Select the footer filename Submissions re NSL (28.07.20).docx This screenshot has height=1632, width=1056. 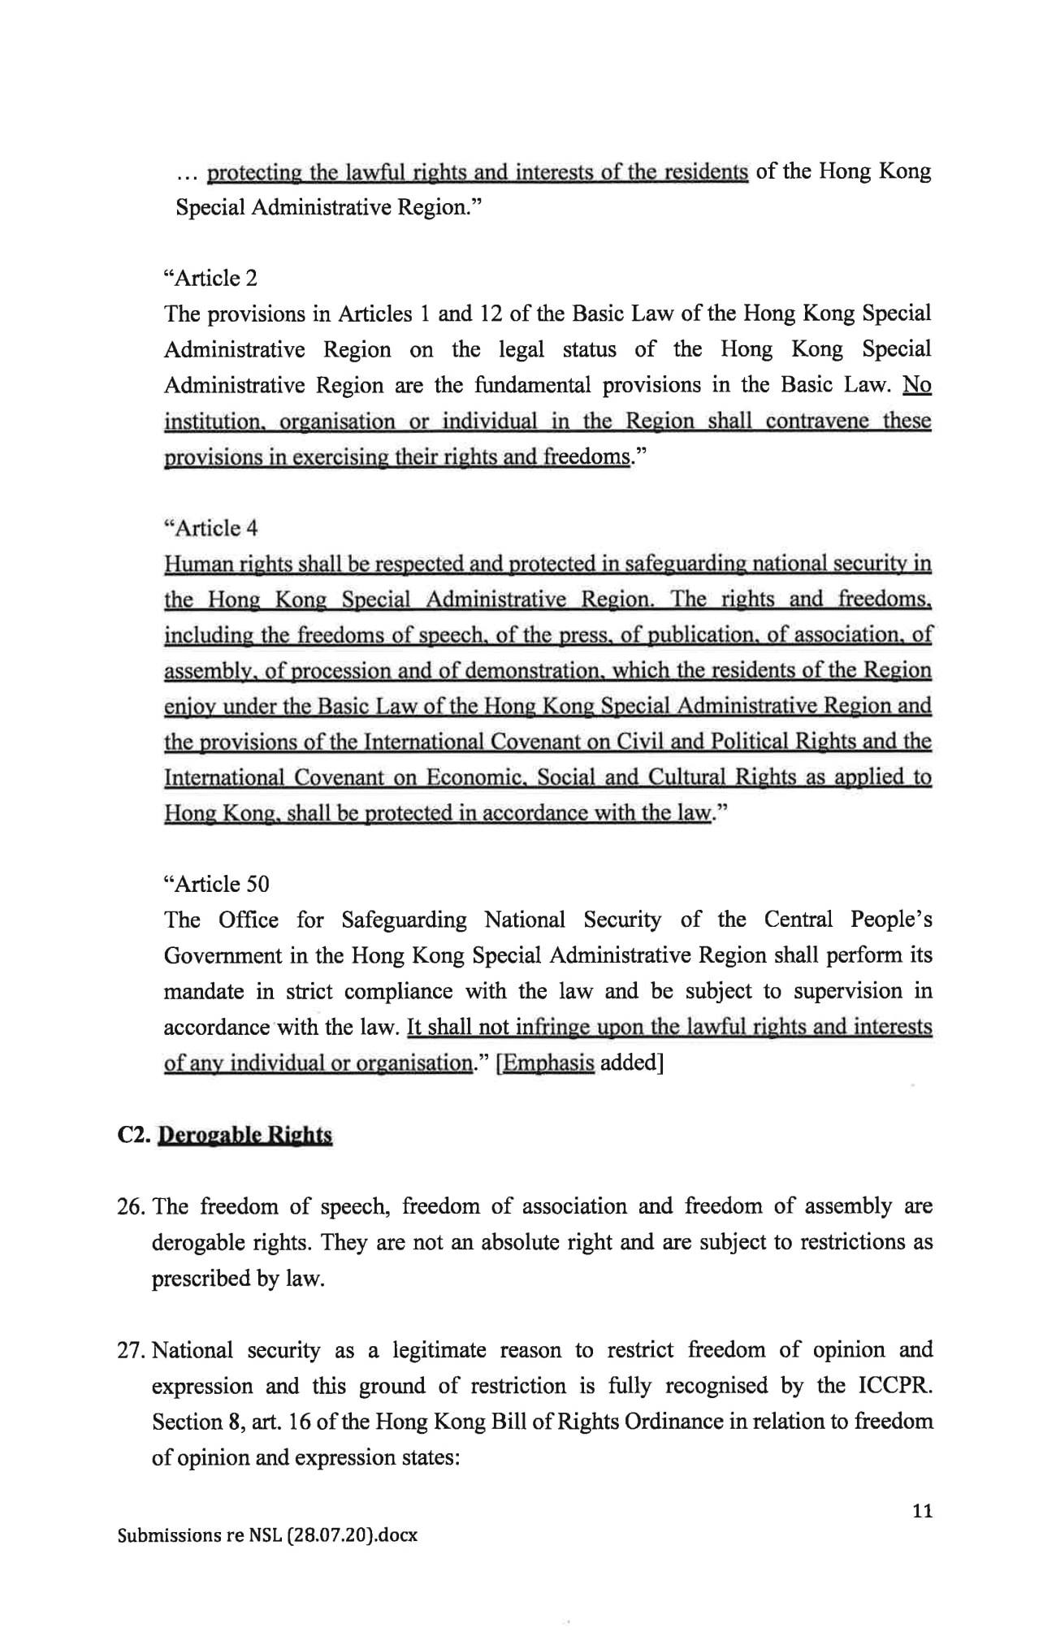pos(267,1535)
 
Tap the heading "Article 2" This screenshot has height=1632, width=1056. pos(210,278)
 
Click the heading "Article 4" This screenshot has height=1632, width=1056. pos(210,528)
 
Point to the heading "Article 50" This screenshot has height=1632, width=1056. pos(216,884)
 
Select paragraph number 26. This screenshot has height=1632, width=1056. pos(131,1206)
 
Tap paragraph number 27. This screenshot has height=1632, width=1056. pos(131,1350)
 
